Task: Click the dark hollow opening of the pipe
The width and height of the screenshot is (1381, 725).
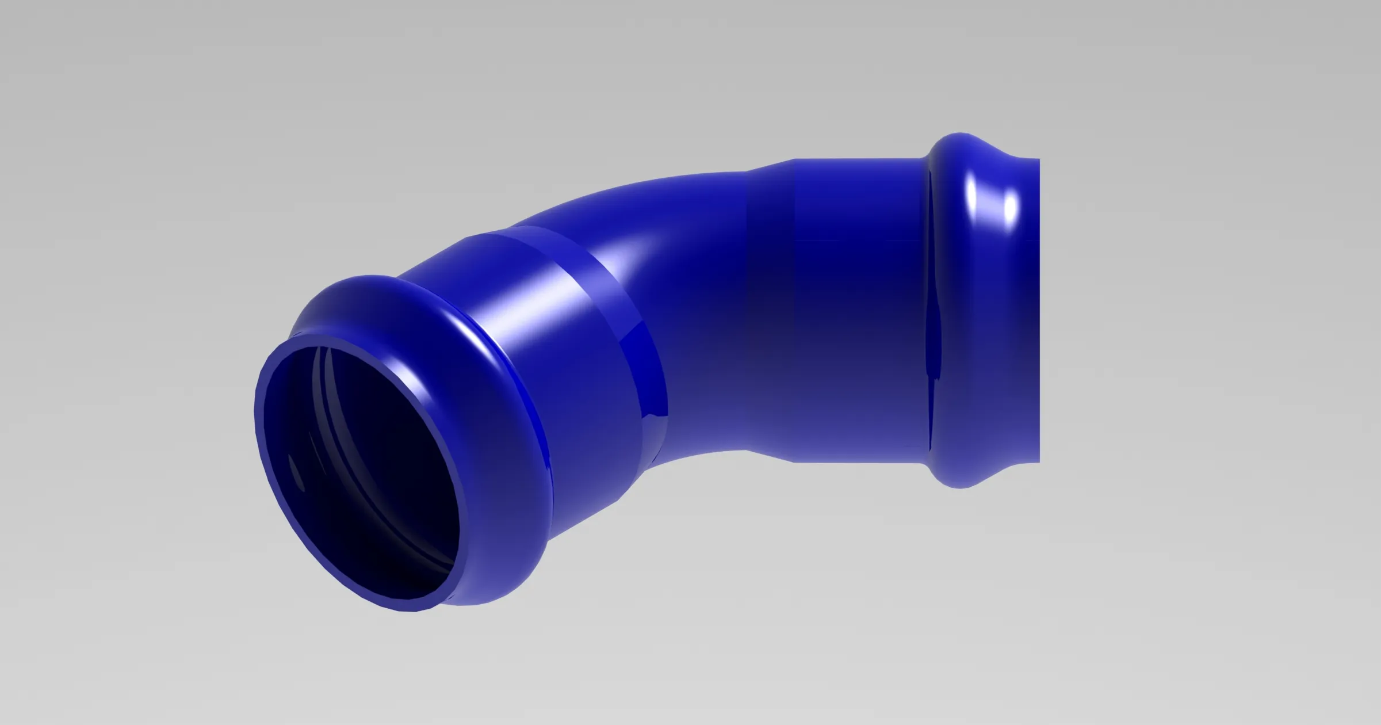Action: [x=368, y=478]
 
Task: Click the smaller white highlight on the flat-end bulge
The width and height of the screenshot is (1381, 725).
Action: [x=1009, y=210]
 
